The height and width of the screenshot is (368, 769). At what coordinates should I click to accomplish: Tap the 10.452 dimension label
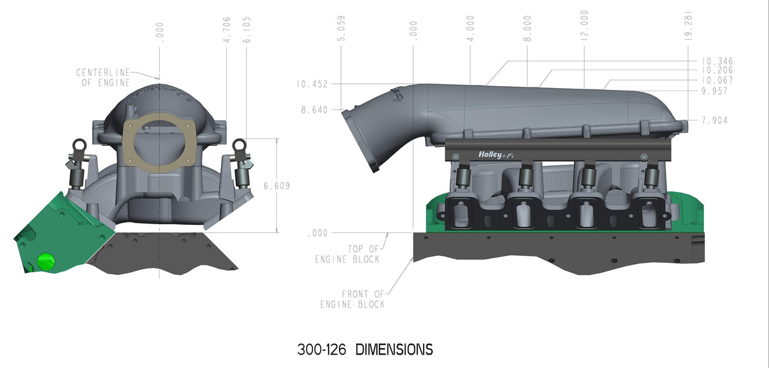310,84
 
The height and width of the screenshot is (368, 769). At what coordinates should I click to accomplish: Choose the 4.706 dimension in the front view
227,30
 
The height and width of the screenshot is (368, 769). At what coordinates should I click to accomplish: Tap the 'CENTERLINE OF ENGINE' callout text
103,77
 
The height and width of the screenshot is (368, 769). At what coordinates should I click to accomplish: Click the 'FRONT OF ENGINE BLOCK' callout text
352,299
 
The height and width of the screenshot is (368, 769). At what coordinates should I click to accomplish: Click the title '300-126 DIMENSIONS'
365,349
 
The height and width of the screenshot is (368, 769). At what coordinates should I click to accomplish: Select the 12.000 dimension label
583,26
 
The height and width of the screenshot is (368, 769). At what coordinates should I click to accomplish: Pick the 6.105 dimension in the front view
245,30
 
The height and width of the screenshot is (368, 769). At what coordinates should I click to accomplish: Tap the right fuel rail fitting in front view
240,148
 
